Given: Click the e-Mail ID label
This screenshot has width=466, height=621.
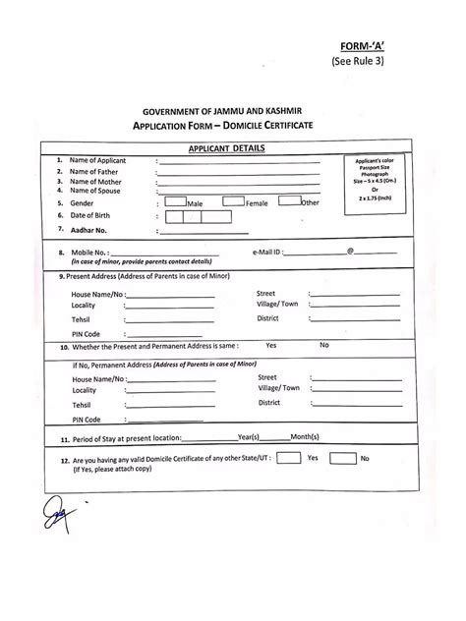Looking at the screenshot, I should [x=273, y=253].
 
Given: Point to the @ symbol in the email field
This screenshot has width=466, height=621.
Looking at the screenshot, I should [x=349, y=252].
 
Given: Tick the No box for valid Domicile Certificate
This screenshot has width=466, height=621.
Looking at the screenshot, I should [x=341, y=458].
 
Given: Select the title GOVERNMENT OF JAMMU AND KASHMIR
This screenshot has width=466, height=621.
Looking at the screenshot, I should [x=233, y=115].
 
